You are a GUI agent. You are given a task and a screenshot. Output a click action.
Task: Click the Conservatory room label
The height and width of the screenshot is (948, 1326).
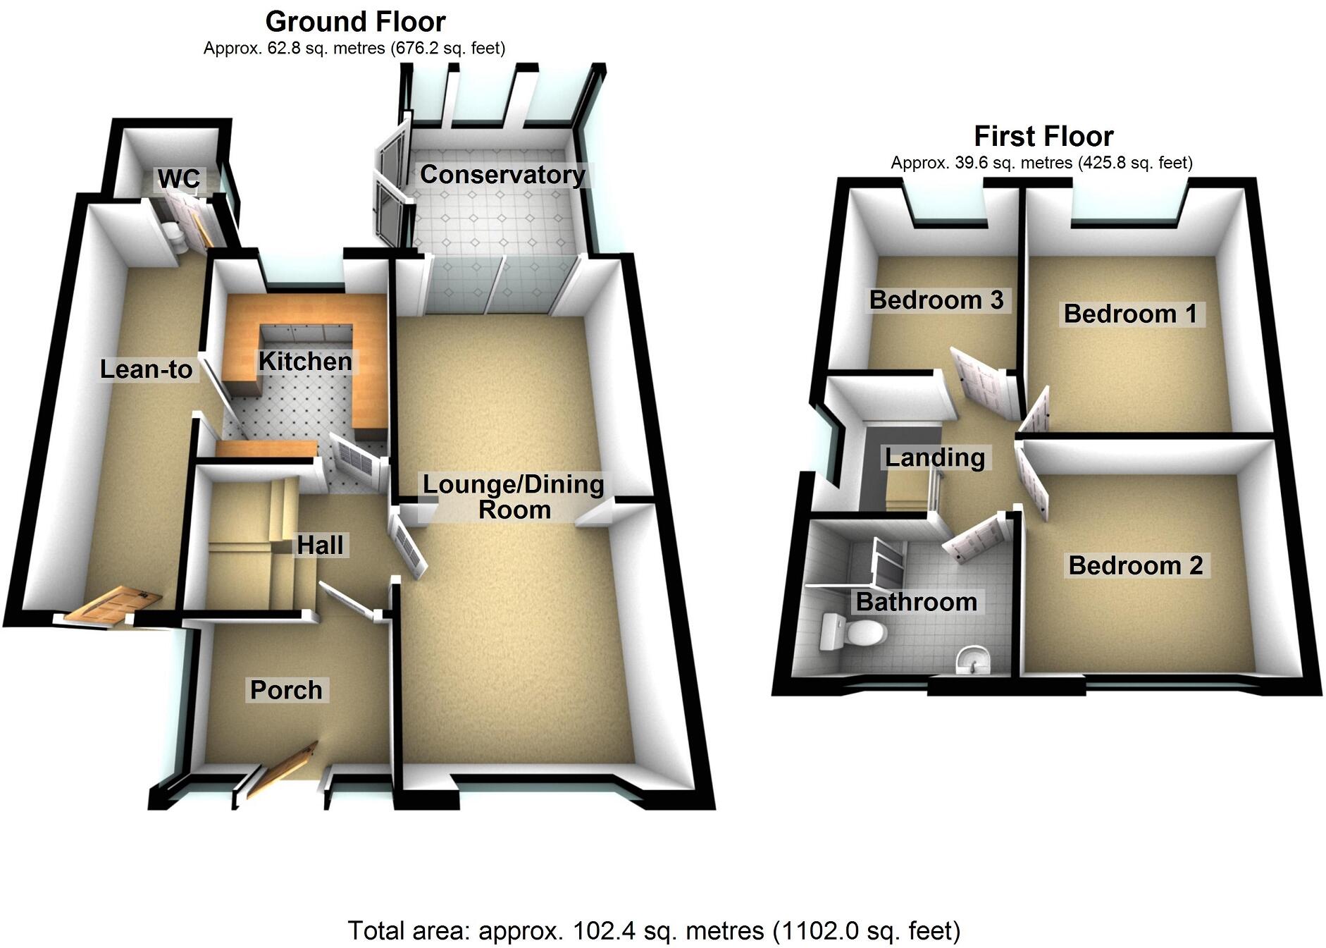(502, 174)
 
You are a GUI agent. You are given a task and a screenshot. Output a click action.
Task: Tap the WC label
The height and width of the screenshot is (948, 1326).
(178, 179)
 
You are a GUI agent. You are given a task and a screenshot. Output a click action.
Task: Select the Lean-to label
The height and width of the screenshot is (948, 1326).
(146, 369)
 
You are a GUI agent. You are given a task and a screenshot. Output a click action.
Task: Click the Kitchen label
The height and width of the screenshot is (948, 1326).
(305, 361)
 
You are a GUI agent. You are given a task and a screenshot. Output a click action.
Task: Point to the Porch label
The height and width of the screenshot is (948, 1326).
(286, 689)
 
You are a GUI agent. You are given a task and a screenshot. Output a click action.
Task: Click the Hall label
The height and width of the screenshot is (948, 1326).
(320, 545)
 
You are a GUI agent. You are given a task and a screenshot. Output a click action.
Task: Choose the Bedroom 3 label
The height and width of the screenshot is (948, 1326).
(936, 300)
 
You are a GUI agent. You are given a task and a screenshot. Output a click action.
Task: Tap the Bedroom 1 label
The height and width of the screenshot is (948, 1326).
(1130, 313)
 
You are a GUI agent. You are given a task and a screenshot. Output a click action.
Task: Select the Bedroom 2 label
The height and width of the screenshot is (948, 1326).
(1135, 565)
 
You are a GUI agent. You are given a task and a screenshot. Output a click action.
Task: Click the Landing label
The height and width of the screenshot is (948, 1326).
(934, 457)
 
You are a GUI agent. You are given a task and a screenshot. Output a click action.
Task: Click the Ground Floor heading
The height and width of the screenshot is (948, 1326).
(355, 22)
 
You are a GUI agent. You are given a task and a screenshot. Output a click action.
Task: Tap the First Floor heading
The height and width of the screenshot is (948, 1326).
(1043, 135)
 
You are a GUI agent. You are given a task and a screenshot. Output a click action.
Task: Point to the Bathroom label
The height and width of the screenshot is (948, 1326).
(916, 601)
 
